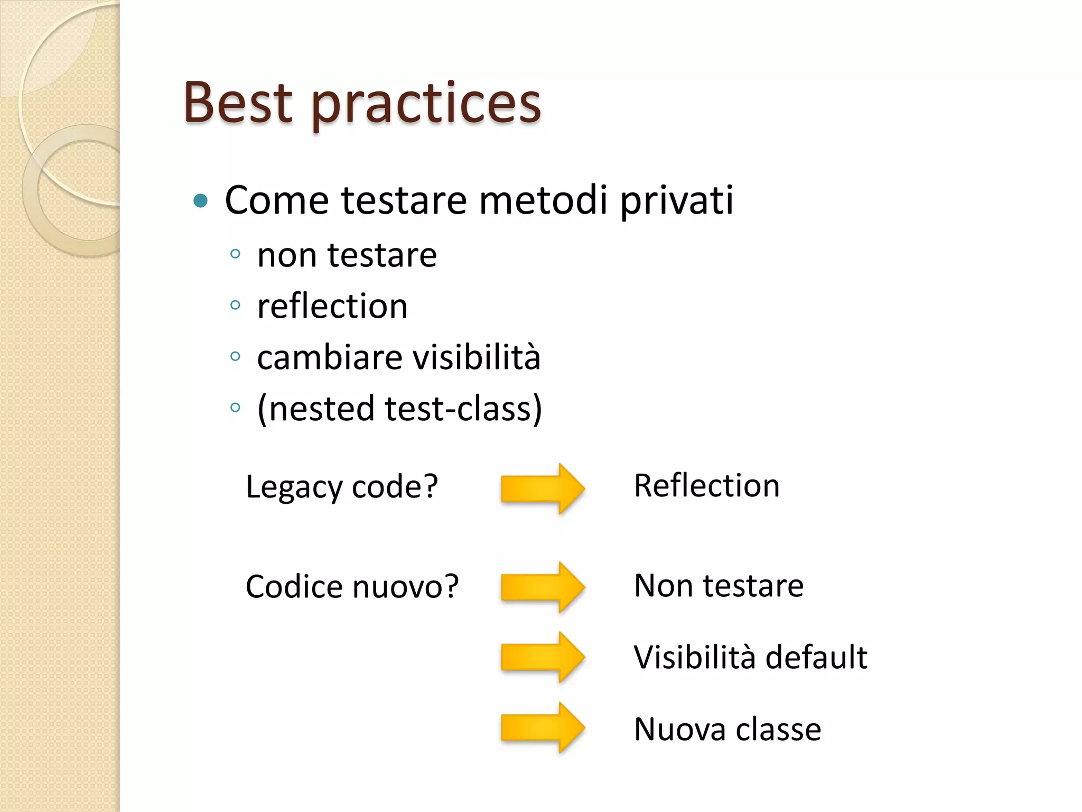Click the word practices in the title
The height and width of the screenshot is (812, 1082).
426,105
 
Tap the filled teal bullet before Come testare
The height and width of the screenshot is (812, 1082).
200,201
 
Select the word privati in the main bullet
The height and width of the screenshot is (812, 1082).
677,201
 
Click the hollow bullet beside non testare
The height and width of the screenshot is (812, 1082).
236,254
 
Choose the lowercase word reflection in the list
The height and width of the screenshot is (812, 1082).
332,306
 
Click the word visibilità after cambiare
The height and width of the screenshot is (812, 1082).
477,357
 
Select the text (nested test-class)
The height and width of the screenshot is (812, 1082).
399,409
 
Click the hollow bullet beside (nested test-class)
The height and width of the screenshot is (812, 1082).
236,408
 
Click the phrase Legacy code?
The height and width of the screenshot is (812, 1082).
342,486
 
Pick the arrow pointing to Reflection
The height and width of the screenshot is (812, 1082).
542,488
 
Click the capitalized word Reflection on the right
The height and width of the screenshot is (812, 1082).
706,486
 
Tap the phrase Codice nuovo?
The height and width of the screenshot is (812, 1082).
352,586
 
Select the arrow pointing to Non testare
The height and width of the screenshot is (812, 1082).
542,587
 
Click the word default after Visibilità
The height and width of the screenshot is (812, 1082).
816,657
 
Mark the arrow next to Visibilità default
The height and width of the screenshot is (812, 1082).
542,657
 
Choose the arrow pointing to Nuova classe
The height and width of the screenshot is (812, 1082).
542,727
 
